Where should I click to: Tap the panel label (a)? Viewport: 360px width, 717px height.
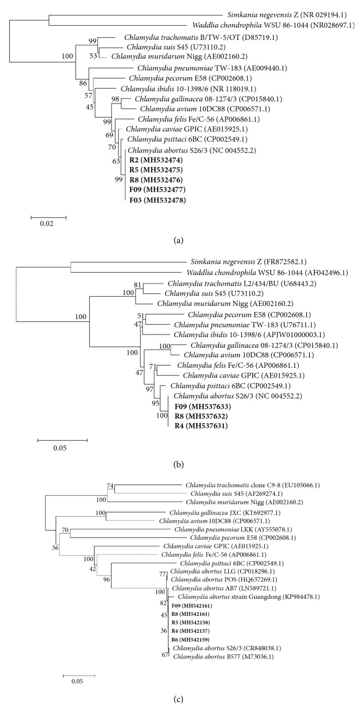click(180, 239)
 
